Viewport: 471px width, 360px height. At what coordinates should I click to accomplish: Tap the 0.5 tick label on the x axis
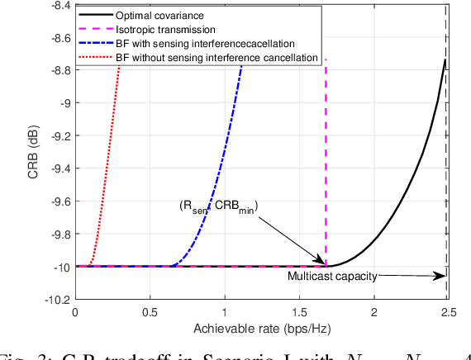pos(150,313)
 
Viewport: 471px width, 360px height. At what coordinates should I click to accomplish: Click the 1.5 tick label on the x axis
pos(299,313)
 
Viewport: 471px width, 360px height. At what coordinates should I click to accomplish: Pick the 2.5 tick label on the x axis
pos(448,313)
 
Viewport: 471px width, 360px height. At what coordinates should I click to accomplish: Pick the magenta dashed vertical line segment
pos(326,165)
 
